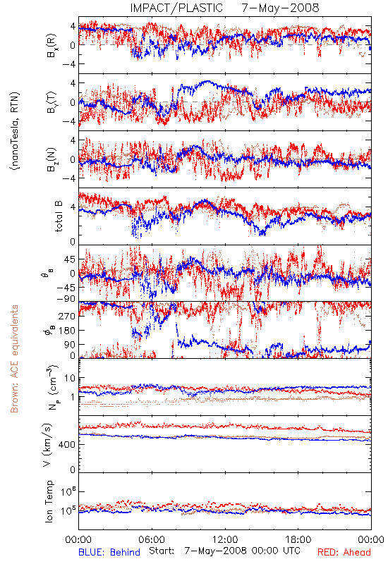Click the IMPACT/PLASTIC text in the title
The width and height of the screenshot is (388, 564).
(x=176, y=8)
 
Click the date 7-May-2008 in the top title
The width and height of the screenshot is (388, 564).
(x=280, y=8)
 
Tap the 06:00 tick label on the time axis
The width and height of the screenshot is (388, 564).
(x=152, y=539)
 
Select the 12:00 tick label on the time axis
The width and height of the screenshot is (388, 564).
(x=225, y=539)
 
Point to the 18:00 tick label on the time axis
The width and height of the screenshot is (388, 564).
(x=298, y=539)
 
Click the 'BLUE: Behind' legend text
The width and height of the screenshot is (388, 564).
(x=109, y=552)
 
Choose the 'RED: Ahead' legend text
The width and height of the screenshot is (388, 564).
(x=344, y=552)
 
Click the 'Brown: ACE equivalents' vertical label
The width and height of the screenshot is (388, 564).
(x=14, y=359)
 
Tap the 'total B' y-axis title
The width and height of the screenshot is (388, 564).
(x=59, y=216)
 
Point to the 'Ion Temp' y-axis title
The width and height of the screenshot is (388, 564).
(x=49, y=501)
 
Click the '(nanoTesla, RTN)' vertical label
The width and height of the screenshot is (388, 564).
(x=15, y=132)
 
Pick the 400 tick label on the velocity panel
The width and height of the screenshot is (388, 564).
(x=67, y=445)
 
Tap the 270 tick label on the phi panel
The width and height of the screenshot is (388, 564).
(x=67, y=316)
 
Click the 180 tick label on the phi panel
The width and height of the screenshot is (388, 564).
(x=67, y=330)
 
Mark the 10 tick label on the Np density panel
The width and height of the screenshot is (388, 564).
(x=70, y=379)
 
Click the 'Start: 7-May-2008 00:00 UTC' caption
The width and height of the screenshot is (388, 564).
(x=224, y=551)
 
